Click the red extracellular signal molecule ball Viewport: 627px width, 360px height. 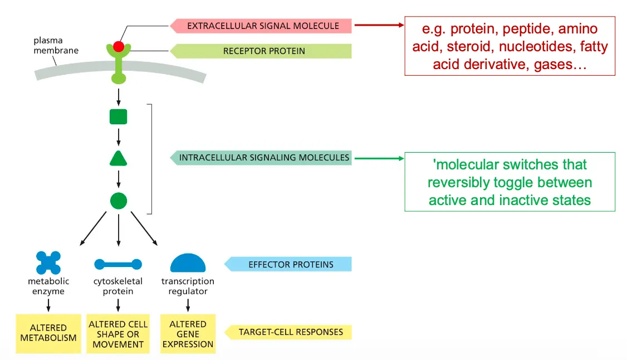tap(118, 47)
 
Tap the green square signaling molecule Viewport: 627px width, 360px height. tap(118, 116)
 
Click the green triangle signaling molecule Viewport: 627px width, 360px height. tap(118, 159)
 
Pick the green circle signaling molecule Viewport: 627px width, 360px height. tap(118, 201)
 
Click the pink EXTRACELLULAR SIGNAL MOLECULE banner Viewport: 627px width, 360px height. tap(262, 26)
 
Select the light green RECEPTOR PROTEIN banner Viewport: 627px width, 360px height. tap(262, 51)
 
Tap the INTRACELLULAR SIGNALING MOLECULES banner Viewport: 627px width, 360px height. tap(262, 158)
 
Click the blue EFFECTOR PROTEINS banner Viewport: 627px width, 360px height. tap(289, 264)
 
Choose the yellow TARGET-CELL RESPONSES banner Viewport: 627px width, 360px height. tap(289, 332)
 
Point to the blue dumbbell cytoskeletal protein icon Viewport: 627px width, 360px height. tap(118, 264)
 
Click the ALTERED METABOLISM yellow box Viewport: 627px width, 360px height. tap(48, 333)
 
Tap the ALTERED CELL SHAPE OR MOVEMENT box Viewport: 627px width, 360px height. tap(118, 334)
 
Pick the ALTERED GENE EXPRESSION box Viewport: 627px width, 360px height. tap(188, 334)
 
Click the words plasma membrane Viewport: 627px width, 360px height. tap(56, 46)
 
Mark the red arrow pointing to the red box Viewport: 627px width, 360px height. tap(379, 25)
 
